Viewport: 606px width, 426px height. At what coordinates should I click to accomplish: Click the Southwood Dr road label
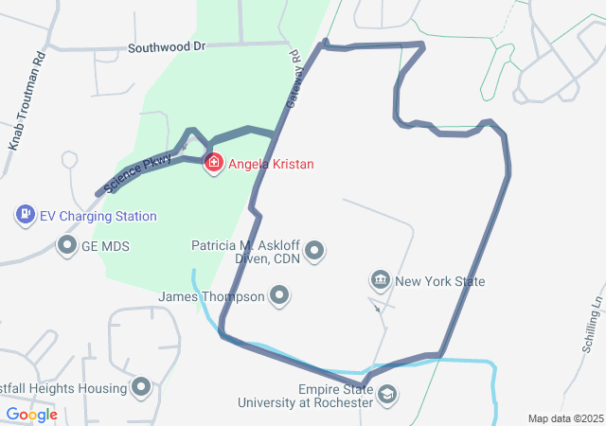167,45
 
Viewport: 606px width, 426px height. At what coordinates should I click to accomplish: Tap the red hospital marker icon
215,164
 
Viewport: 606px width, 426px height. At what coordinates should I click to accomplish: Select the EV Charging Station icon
26,216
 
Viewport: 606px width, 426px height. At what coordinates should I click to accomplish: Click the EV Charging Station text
98,217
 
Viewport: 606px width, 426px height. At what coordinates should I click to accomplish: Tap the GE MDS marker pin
67,246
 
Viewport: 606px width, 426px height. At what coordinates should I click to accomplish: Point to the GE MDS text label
105,246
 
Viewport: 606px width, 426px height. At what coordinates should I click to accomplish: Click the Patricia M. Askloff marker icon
315,251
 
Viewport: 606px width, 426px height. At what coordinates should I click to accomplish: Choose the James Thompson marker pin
279,297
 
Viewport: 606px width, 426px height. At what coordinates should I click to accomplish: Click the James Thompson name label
212,297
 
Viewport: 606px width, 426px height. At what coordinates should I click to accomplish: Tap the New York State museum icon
381,280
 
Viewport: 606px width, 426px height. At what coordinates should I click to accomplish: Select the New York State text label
439,281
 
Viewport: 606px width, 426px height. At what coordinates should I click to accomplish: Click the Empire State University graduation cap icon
386,395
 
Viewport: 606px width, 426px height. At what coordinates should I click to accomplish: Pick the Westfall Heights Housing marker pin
142,387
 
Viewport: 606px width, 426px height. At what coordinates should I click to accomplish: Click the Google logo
31,415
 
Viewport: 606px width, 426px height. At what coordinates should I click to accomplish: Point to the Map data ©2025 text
564,418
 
